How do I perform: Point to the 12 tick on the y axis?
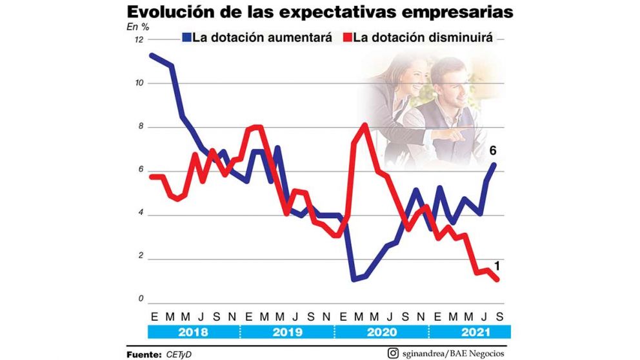139,40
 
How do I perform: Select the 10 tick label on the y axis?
139,84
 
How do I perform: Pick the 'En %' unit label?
137,27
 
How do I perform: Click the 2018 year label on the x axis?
194,332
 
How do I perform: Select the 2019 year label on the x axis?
287,332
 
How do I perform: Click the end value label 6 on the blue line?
492,150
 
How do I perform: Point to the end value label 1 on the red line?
498,265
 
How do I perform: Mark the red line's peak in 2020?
365,125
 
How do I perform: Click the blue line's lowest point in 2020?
354,279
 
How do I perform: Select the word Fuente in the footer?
143,354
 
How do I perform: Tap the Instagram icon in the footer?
393,353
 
